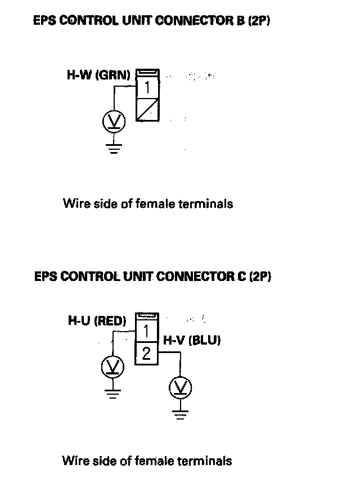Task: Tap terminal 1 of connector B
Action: pyautogui.click(x=147, y=88)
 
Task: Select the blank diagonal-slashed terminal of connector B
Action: pyautogui.click(x=147, y=108)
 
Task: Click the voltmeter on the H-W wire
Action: pyautogui.click(x=114, y=122)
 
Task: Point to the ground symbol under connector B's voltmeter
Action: pyautogui.click(x=114, y=148)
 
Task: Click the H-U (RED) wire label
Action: pyautogui.click(x=97, y=321)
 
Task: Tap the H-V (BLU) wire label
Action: pyautogui.click(x=191, y=340)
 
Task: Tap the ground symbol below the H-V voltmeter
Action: pyautogui.click(x=181, y=416)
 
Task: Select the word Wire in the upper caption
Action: pyautogui.click(x=75, y=203)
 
